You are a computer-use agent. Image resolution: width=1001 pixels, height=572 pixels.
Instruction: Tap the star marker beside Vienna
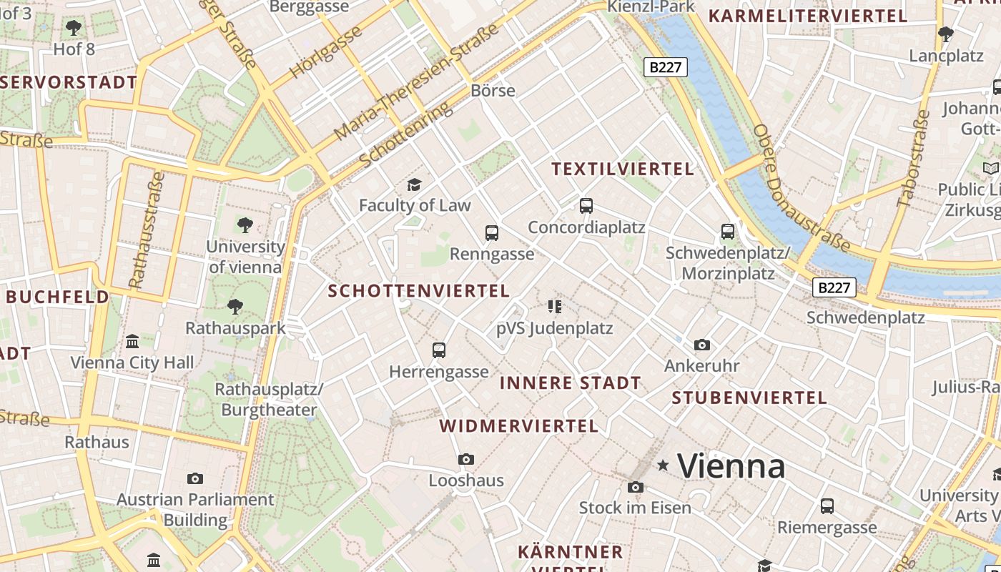point(664,465)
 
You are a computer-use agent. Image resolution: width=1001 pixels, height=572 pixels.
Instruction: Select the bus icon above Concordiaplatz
point(586,206)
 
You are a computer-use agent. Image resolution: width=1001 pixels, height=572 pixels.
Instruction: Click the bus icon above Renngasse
point(492,232)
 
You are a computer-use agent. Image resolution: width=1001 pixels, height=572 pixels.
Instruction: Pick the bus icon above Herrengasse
point(439,350)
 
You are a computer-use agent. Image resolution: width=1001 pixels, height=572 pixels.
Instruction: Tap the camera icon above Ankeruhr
point(702,345)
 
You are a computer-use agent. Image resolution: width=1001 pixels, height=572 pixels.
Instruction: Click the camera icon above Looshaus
point(466,459)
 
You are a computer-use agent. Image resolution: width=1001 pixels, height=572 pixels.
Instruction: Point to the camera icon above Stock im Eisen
point(635,488)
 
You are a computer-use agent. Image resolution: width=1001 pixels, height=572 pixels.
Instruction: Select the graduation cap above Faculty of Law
point(414,185)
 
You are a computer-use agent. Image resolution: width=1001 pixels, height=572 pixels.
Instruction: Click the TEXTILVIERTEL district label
point(623,169)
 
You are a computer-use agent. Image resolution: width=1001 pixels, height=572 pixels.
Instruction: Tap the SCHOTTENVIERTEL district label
point(418,291)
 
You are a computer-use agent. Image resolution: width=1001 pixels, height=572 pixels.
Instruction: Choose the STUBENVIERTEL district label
point(749,398)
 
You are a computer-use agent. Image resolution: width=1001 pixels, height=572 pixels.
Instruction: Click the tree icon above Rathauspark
point(235,307)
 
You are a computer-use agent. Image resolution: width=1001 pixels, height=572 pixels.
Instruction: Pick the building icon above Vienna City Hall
point(132,342)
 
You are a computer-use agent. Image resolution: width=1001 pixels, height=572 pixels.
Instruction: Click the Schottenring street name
point(405,135)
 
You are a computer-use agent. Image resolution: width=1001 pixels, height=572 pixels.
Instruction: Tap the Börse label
point(493,91)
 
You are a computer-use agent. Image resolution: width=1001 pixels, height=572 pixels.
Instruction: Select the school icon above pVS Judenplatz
point(555,307)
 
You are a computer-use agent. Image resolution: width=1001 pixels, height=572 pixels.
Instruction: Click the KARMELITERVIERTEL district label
point(807,16)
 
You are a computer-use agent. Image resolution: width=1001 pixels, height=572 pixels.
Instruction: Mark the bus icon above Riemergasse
point(827,506)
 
